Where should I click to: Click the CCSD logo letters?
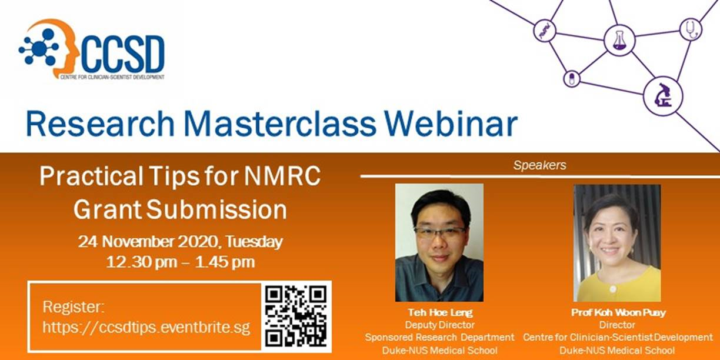[x=123, y=54]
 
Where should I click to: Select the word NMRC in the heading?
[x=282, y=176]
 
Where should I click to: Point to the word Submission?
[x=216, y=209]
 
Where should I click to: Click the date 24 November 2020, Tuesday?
[x=181, y=241]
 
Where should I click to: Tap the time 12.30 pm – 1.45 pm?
[x=181, y=262]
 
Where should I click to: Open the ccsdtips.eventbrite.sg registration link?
[x=146, y=327]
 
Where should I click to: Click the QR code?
[x=296, y=316]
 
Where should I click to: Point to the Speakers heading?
[x=539, y=165]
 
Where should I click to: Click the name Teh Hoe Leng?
[x=440, y=312]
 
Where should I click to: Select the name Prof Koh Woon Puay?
[x=618, y=312]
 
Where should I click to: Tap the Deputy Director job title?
[x=440, y=325]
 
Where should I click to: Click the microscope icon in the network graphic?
[x=663, y=95]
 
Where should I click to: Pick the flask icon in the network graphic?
[x=619, y=40]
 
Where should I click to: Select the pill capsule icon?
[x=572, y=78]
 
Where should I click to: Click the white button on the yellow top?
[x=613, y=289]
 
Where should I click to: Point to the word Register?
[x=74, y=307]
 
